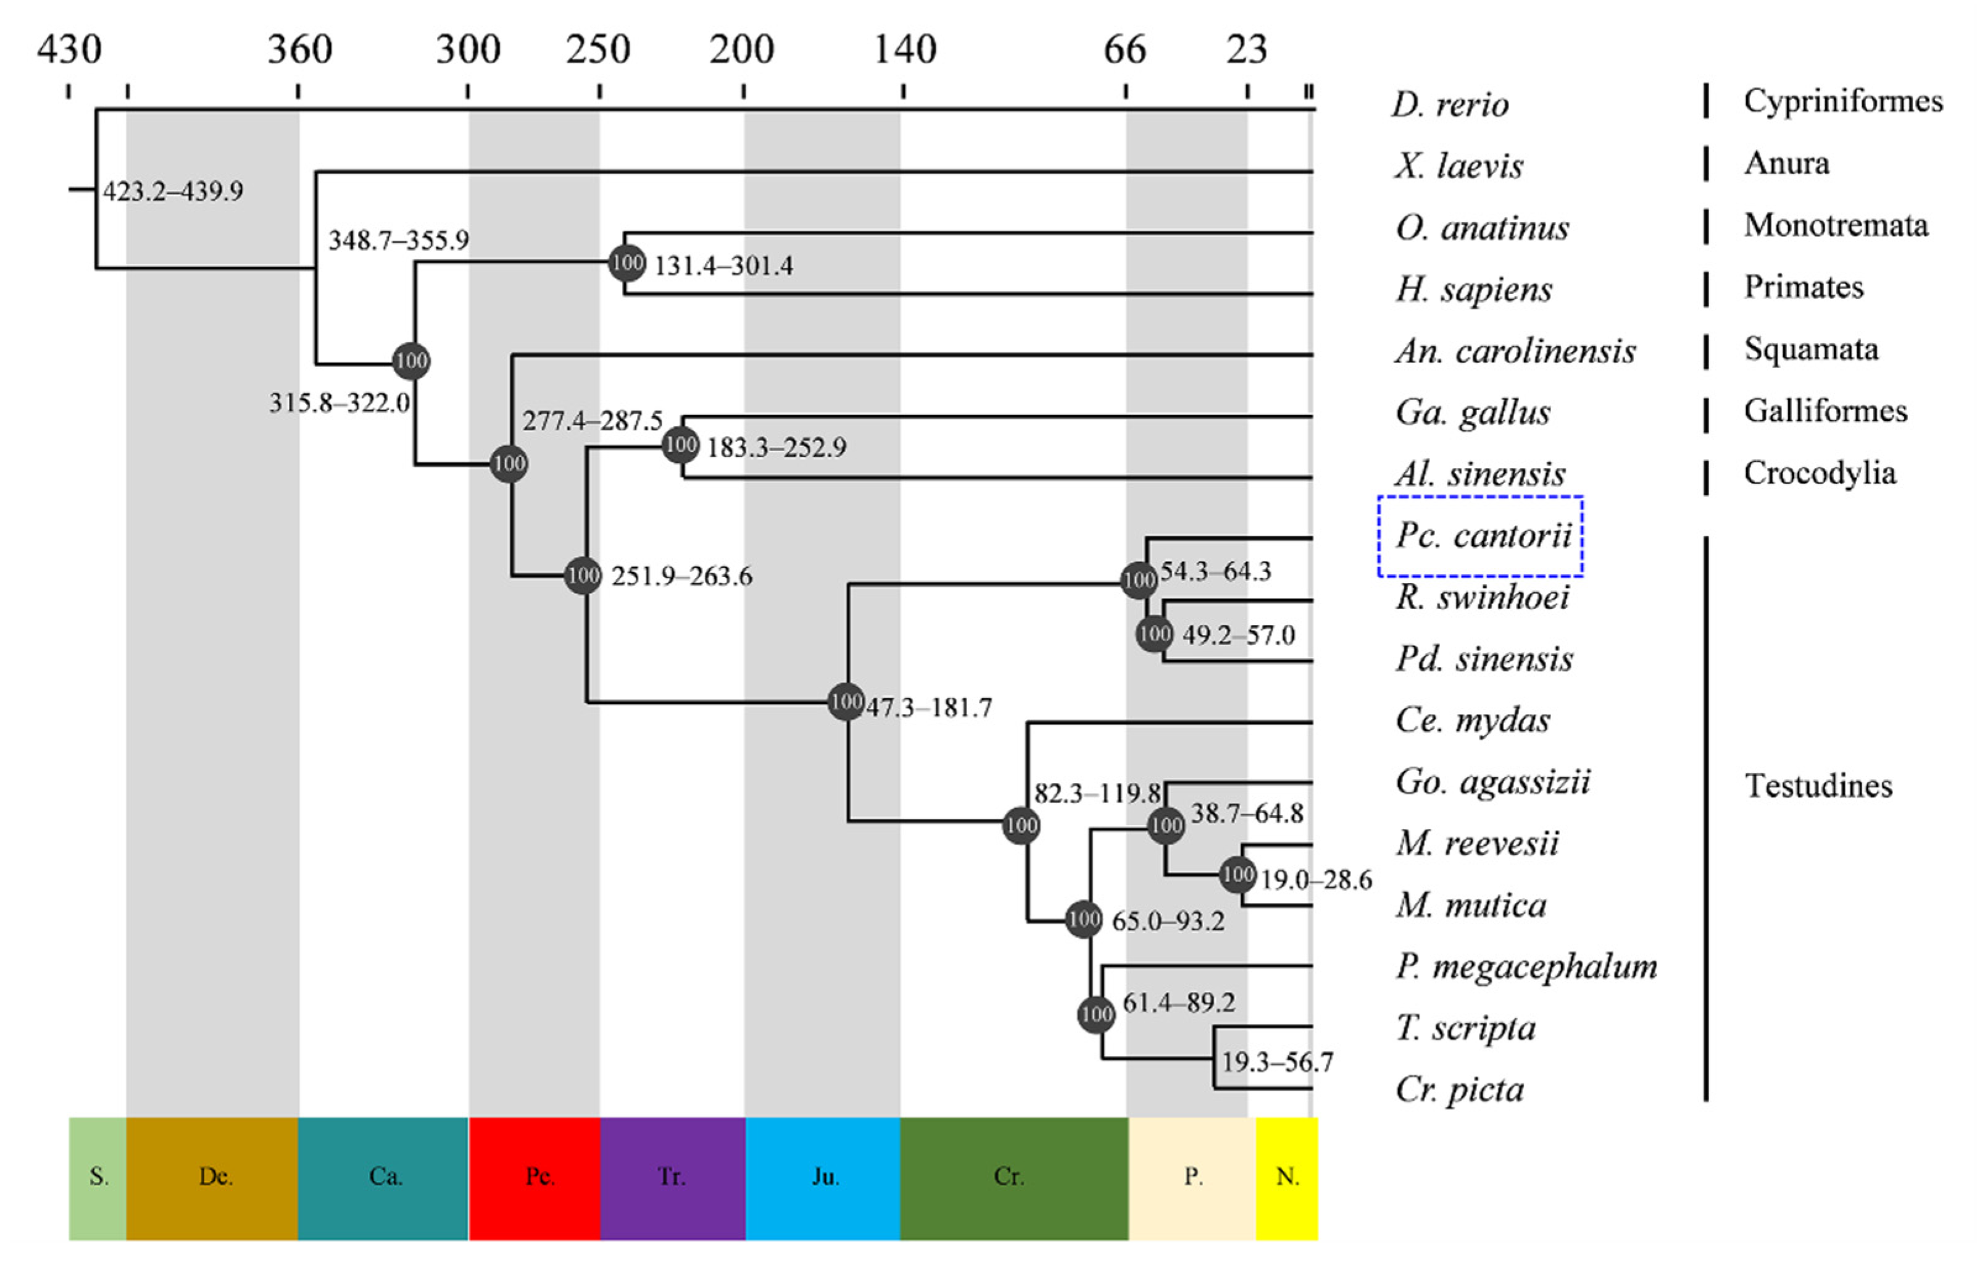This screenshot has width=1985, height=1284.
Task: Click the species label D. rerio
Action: (x=1449, y=105)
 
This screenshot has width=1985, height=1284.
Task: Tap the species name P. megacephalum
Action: (x=1526, y=967)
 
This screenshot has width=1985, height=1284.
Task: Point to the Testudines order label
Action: (x=1818, y=786)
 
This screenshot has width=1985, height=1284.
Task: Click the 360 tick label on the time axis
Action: (x=299, y=50)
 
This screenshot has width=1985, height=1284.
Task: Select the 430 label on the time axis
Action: (x=69, y=50)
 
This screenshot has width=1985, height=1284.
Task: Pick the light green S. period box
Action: (x=98, y=1177)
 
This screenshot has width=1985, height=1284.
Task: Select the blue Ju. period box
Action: (x=823, y=1177)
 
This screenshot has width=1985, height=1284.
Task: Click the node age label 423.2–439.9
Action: (x=172, y=191)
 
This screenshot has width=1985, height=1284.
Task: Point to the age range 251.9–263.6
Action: (x=681, y=576)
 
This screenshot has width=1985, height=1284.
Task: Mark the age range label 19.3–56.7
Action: (x=1276, y=1062)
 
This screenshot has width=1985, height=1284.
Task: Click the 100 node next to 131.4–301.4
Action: (x=626, y=264)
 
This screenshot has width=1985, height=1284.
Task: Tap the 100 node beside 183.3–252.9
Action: (x=680, y=445)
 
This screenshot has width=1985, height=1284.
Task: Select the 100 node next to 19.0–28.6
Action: (x=1237, y=875)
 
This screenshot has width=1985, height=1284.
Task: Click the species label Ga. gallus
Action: (x=1473, y=413)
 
